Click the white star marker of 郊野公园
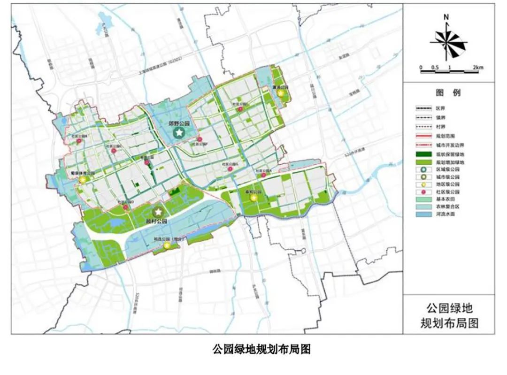(x=178, y=133)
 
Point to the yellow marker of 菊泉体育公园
(x=83, y=180)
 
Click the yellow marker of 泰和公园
(x=254, y=198)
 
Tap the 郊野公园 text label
(x=178, y=123)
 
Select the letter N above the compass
(x=446, y=17)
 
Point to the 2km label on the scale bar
(x=477, y=68)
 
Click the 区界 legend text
(x=440, y=107)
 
